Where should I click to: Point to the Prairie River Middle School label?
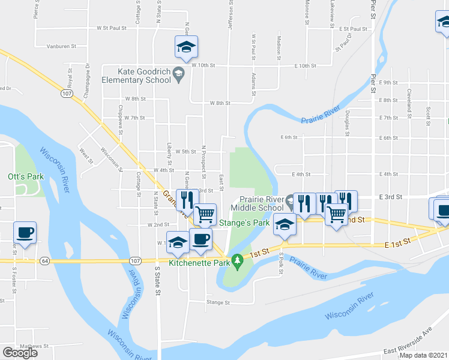[262, 203]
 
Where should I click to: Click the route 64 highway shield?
[45, 261]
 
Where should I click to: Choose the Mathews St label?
[34, 346]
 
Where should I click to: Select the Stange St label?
[218, 303]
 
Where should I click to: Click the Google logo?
[20, 352]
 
